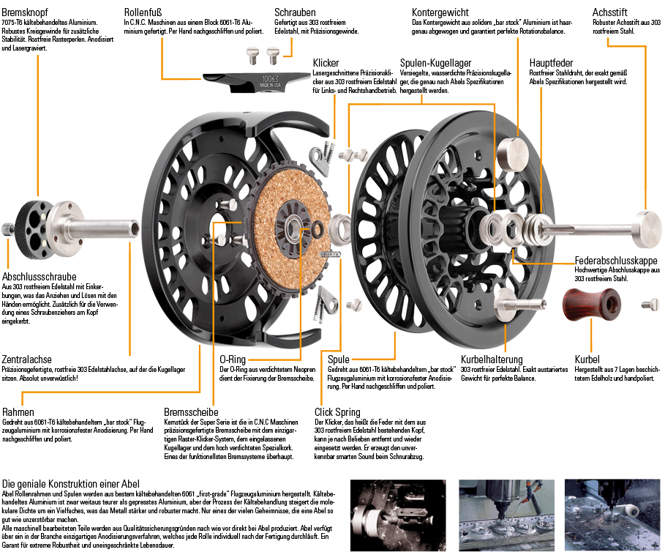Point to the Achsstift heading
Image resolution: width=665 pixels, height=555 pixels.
click(611, 12)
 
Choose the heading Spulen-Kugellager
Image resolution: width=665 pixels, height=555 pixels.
click(435, 63)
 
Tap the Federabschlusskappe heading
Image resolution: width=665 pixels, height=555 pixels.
click(615, 260)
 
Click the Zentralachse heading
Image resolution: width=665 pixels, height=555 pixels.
click(26, 360)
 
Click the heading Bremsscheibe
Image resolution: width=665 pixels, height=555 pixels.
click(190, 411)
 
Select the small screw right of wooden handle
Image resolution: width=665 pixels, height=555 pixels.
click(650, 304)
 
